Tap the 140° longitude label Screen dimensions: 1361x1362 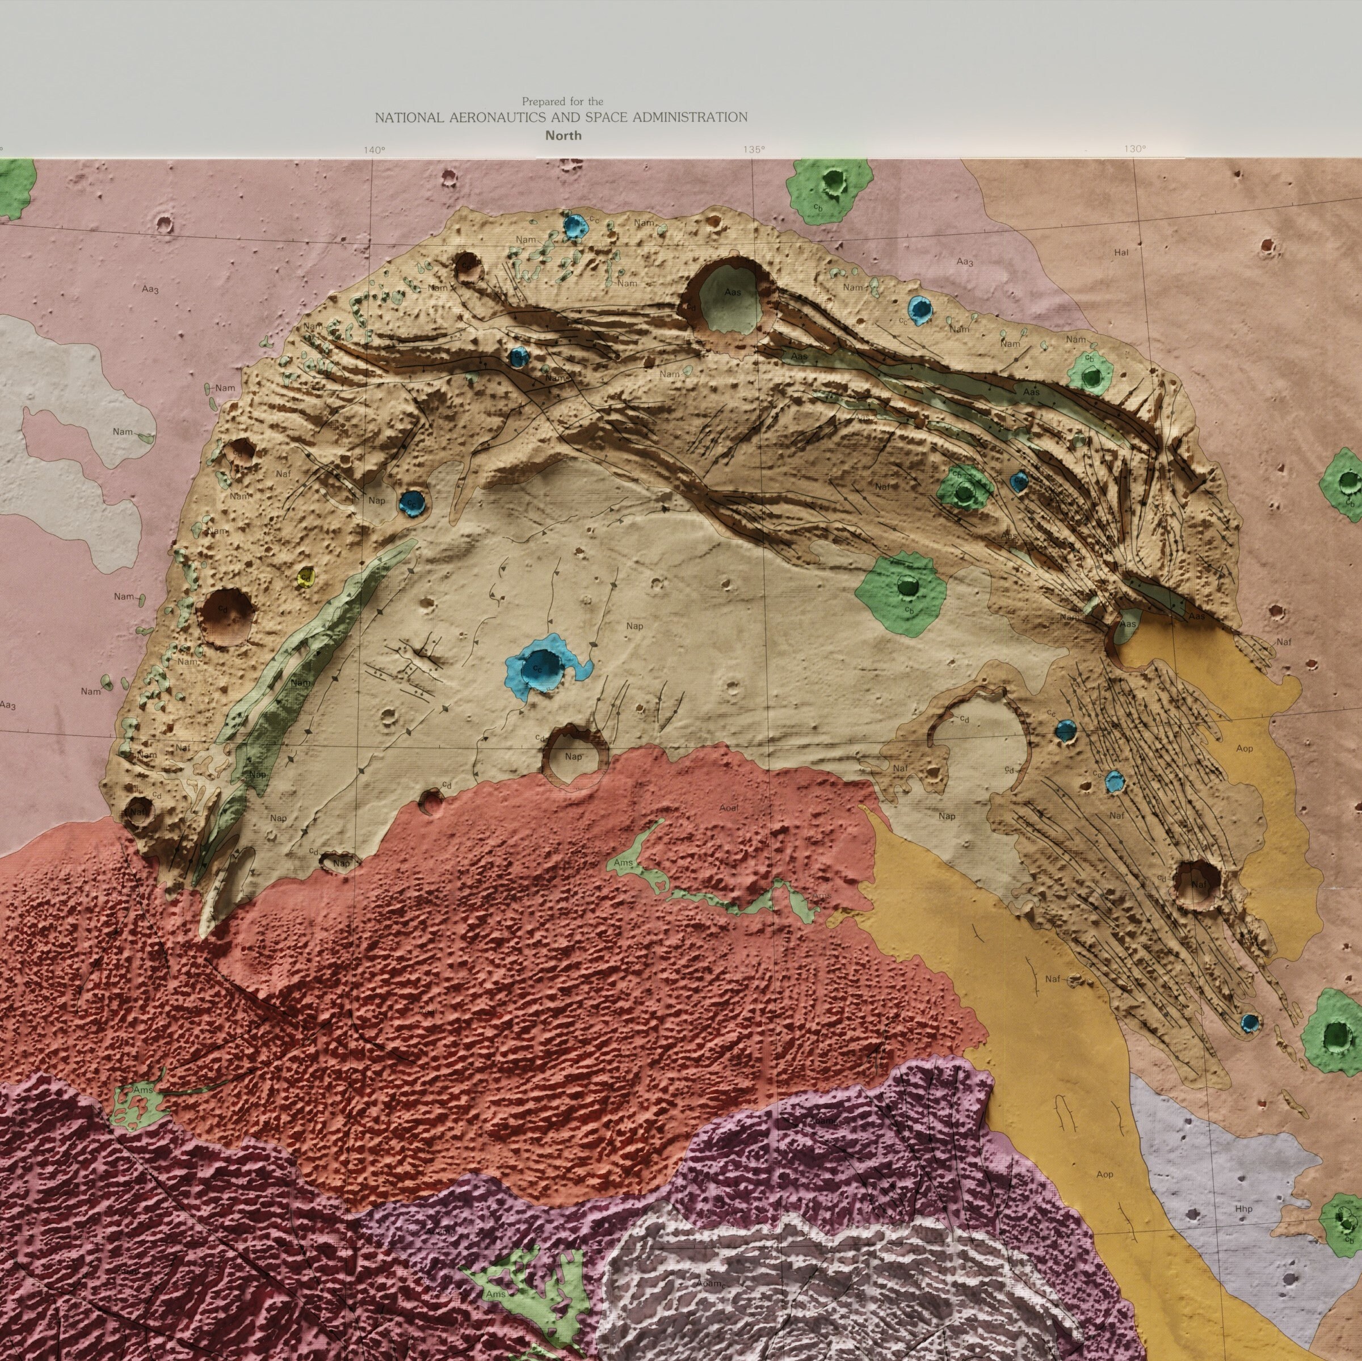pos(375,149)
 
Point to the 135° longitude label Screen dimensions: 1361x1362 pos(753,149)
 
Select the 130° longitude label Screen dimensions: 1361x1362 pos(1135,149)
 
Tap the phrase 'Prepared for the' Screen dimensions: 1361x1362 pos(562,102)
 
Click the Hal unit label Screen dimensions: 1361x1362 pos(1121,252)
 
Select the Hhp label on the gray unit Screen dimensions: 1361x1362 pos(1243,1210)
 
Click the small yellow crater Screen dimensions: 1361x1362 pos(305,577)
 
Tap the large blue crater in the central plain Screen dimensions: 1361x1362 pos(541,665)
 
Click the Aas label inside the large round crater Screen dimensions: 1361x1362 pos(733,291)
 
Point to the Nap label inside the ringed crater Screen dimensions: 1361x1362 pos(574,756)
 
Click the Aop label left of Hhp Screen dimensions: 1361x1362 pos(1105,1175)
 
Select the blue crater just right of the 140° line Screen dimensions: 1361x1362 pos(411,503)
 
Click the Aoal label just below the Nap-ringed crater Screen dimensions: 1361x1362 pos(728,808)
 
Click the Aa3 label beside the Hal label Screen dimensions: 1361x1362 pos(964,262)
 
